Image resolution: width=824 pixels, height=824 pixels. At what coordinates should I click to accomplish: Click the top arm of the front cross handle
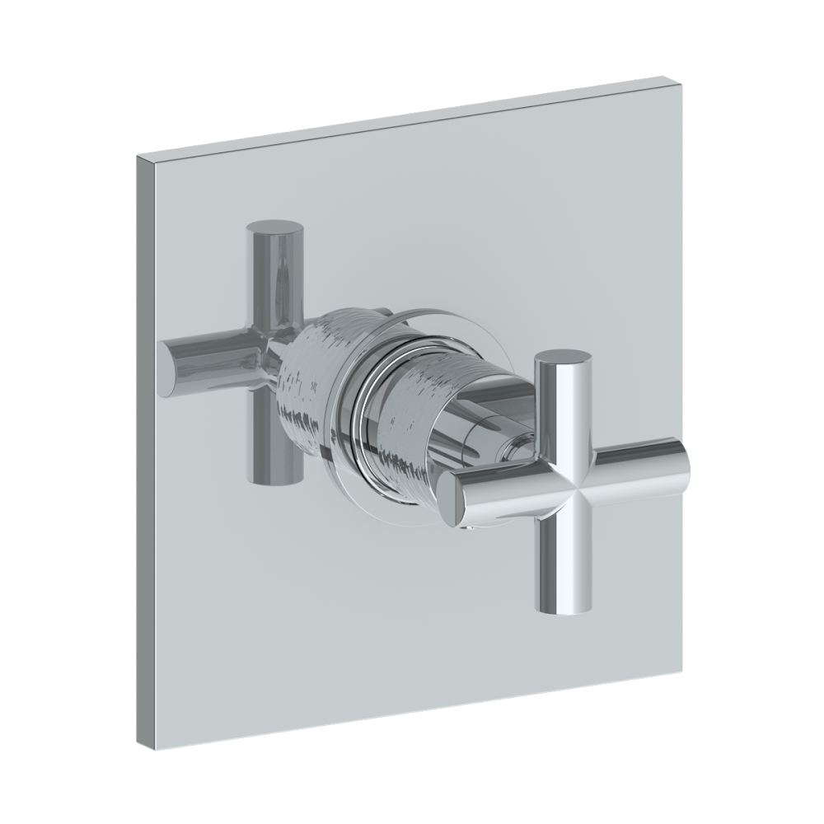(x=563, y=404)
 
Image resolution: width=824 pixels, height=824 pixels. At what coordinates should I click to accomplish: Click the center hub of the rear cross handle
(x=276, y=350)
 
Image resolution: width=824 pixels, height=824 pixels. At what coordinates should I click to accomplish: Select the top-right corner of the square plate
(x=683, y=81)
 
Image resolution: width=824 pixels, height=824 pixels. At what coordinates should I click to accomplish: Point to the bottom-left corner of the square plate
(x=141, y=747)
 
